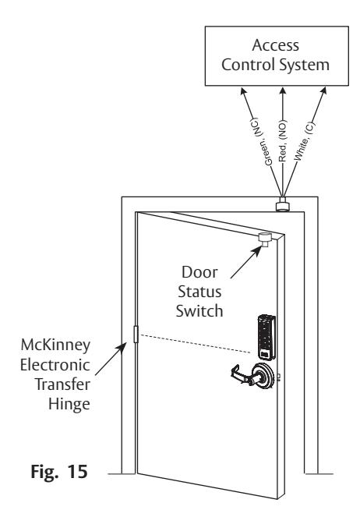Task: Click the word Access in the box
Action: tap(276, 45)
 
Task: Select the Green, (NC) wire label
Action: tap(261, 141)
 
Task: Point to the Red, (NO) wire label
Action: tap(283, 141)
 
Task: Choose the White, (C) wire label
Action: tap(305, 140)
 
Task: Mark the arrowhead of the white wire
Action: tap(323, 90)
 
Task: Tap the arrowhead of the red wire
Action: tap(283, 91)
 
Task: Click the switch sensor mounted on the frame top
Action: tap(282, 204)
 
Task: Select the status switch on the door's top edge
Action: tap(266, 239)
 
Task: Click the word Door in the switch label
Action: tap(199, 272)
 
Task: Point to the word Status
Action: tap(199, 292)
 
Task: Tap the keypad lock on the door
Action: tap(266, 337)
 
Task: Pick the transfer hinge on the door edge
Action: tap(136, 334)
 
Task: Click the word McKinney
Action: tap(55, 345)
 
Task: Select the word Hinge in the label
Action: tap(69, 404)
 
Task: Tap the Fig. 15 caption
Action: tap(59, 471)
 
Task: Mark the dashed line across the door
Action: tap(195, 344)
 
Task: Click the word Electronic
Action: tap(55, 365)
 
